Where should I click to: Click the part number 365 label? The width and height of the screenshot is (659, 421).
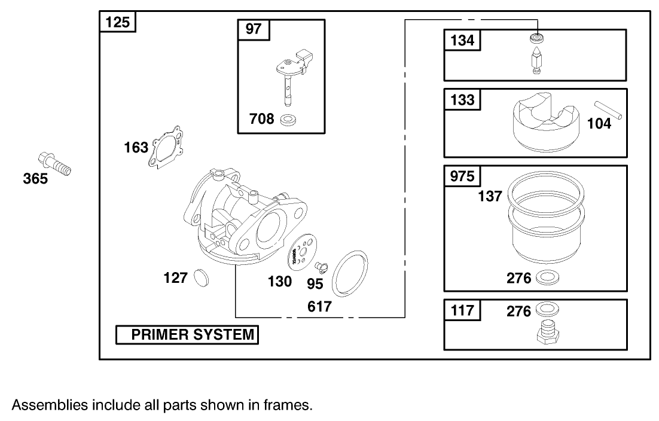click(x=35, y=178)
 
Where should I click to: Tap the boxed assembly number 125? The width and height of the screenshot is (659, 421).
click(x=117, y=23)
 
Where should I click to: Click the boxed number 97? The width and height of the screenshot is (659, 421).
click(x=254, y=29)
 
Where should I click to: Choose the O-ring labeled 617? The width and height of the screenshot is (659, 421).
click(x=350, y=273)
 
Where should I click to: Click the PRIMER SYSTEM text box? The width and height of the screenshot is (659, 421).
click(x=187, y=335)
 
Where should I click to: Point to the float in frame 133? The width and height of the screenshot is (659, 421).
click(x=546, y=123)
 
